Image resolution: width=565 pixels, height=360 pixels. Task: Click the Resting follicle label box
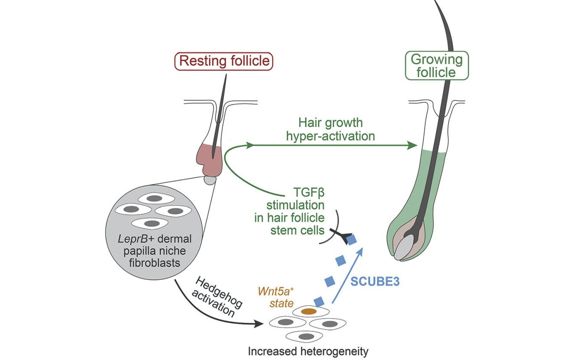coord(224,61)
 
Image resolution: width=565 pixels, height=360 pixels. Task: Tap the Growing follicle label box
coord(436,65)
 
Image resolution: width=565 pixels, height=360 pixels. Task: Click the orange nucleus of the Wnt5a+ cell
coord(308,311)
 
